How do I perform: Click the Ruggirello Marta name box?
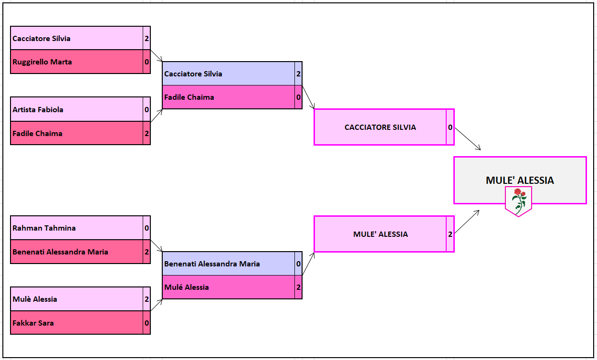coord(76,62)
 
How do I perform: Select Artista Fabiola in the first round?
coord(76,109)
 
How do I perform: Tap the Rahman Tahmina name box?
coord(76,228)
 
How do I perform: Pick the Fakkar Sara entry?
coord(76,323)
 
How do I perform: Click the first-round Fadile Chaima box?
coord(76,133)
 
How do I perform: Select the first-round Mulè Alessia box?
coord(76,299)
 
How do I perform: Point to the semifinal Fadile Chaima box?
coord(228,97)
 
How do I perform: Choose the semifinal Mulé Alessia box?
coord(228,287)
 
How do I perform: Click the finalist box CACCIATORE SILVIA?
coord(380,127)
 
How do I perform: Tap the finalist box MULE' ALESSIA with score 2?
coord(380,234)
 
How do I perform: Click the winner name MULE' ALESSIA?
coord(520,180)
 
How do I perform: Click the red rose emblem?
coord(519,200)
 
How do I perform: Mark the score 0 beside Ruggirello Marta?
coord(147,62)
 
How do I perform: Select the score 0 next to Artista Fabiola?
coord(147,109)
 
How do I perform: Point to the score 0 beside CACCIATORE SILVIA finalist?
coord(450,127)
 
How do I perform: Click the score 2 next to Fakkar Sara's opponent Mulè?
coord(147,299)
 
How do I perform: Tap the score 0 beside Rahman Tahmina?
coord(147,228)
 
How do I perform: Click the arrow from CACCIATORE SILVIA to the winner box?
coord(467,139)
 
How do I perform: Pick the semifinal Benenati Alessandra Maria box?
coord(228,264)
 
